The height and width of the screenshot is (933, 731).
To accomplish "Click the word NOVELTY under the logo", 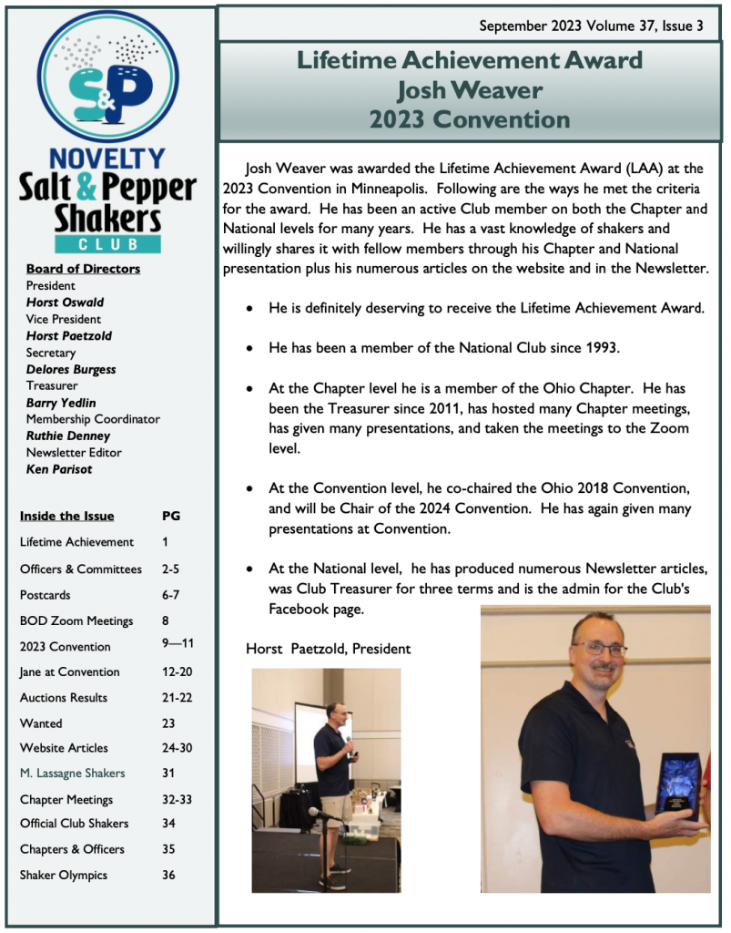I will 107,159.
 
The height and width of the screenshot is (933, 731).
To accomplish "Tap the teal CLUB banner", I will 107,244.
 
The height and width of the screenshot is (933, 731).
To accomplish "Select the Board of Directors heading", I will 83,269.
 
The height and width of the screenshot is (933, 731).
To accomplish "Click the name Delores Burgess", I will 71,369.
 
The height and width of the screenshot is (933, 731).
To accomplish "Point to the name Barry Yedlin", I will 61,403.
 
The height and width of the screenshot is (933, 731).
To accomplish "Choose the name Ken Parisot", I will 59,469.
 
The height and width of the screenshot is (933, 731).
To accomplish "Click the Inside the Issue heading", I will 67,516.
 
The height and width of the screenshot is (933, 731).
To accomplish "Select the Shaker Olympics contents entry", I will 64,875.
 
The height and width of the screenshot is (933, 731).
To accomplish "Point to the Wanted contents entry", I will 41,723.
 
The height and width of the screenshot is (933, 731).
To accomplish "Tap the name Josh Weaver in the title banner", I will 470,90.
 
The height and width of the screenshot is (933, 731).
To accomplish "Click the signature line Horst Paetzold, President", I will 328,649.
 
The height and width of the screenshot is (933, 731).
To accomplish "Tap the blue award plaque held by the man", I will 677,784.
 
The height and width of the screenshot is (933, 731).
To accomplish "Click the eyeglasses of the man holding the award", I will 599,649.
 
